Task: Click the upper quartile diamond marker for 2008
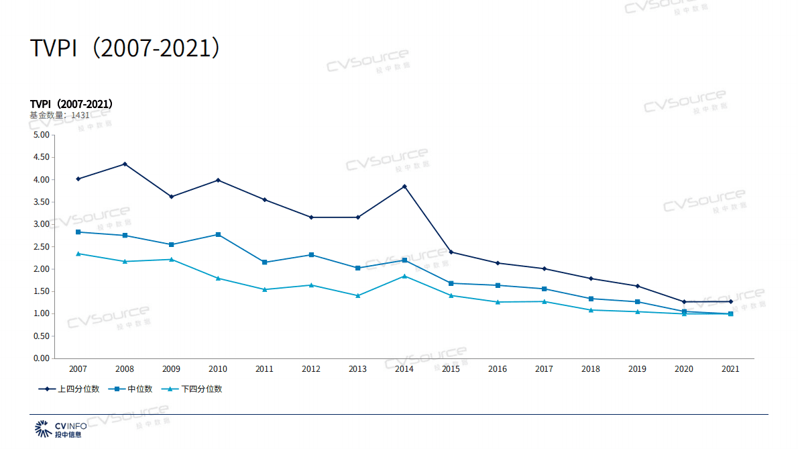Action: coord(125,164)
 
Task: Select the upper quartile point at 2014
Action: coord(404,186)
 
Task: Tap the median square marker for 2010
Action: coord(218,234)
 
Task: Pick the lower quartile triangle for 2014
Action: coord(404,276)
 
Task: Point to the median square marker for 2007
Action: coord(78,232)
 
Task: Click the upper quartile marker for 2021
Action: coord(730,301)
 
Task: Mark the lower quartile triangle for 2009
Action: coord(172,259)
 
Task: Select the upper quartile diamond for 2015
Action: coord(451,252)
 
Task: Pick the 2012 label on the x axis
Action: coord(311,369)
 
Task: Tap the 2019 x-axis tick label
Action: coord(637,369)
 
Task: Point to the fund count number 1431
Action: coord(80,115)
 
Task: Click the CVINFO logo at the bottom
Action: coord(61,429)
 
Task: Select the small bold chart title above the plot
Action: coord(71,104)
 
